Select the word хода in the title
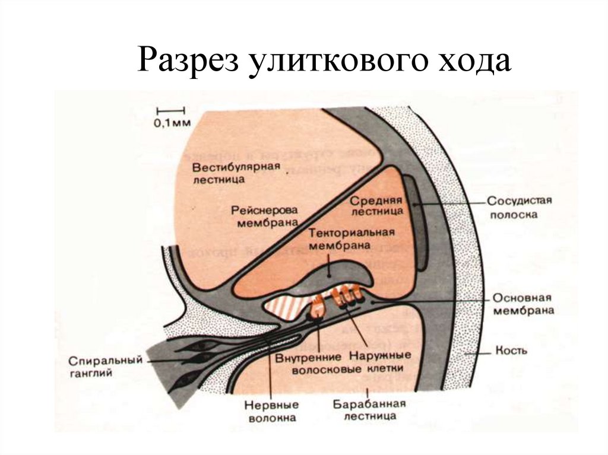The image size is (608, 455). pyautogui.click(x=473, y=62)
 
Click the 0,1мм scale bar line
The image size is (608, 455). pyautogui.click(x=171, y=109)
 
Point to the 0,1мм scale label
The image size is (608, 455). pyautogui.click(x=172, y=123)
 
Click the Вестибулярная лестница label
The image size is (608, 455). pyautogui.click(x=236, y=171)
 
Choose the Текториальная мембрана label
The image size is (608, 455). pyautogui.click(x=351, y=238)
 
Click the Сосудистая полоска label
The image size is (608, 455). pyautogui.click(x=519, y=207)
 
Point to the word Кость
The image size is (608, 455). pyautogui.click(x=511, y=351)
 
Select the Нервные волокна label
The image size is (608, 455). pyautogui.click(x=271, y=411)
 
